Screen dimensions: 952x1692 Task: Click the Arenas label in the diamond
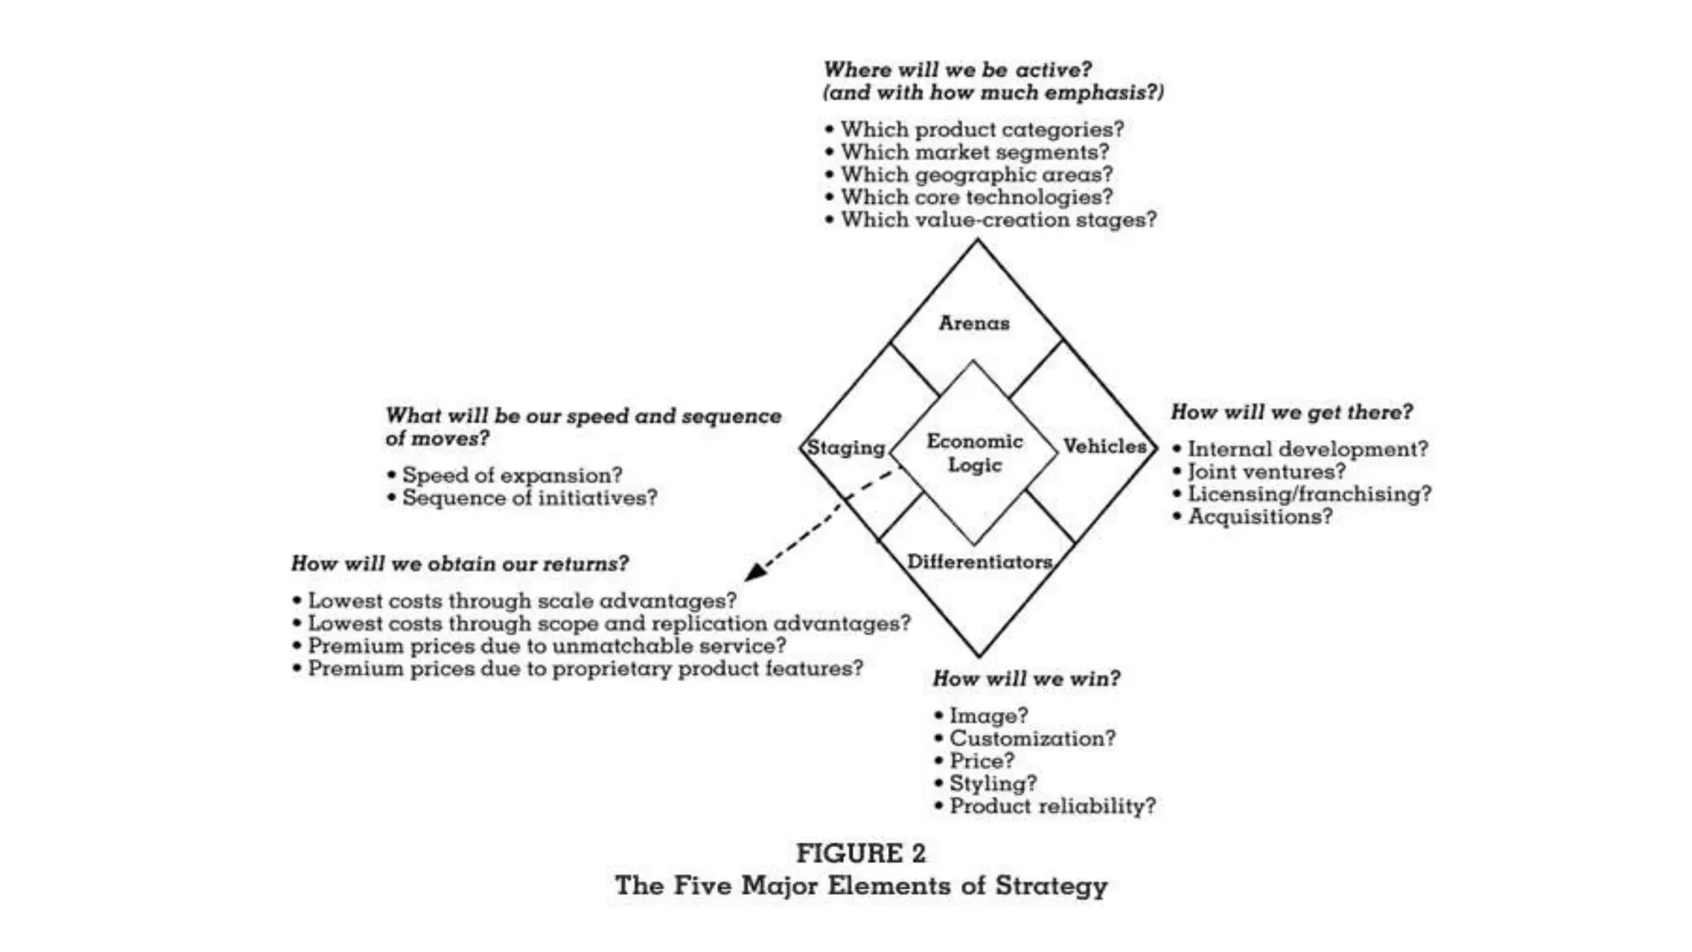pos(973,323)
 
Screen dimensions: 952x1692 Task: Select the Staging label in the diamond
pos(845,448)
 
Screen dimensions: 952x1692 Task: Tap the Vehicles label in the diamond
pos(1104,446)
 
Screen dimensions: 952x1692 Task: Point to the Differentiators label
pos(979,562)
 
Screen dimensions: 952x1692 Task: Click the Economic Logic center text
pos(974,453)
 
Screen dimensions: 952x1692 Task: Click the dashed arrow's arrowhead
pos(754,571)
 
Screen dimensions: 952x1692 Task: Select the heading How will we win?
pos(1026,678)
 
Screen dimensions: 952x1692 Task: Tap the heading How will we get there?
pos(1291,412)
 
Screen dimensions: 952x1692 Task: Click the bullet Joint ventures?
pos(1266,472)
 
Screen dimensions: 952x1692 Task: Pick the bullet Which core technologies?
pos(976,198)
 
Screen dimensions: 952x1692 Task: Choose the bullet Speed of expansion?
pos(511,476)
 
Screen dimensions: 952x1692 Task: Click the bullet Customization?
pos(1032,739)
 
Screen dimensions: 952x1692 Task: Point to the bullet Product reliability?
pos(1052,807)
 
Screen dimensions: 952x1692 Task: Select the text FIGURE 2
pos(860,854)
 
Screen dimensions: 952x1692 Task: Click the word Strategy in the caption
pos(1051,886)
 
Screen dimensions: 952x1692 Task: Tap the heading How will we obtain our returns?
pos(459,564)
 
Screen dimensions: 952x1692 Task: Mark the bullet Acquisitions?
pos(1260,517)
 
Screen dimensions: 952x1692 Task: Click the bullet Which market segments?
pos(974,153)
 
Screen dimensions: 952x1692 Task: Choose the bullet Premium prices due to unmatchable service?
pos(546,646)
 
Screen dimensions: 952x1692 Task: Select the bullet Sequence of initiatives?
pos(529,498)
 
